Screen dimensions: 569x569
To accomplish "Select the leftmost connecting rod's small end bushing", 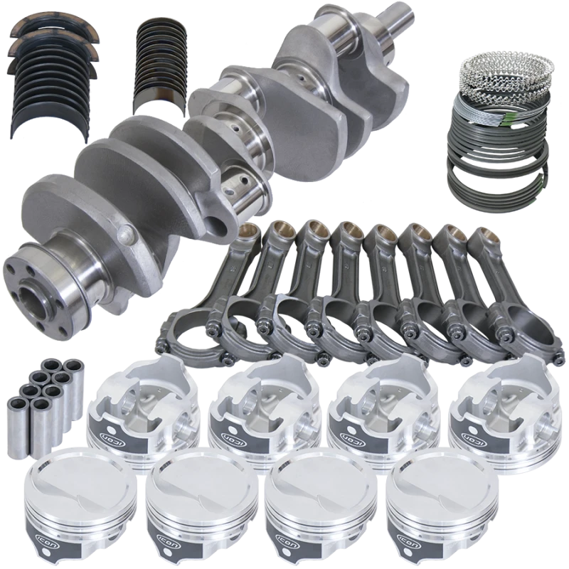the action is point(248,230).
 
